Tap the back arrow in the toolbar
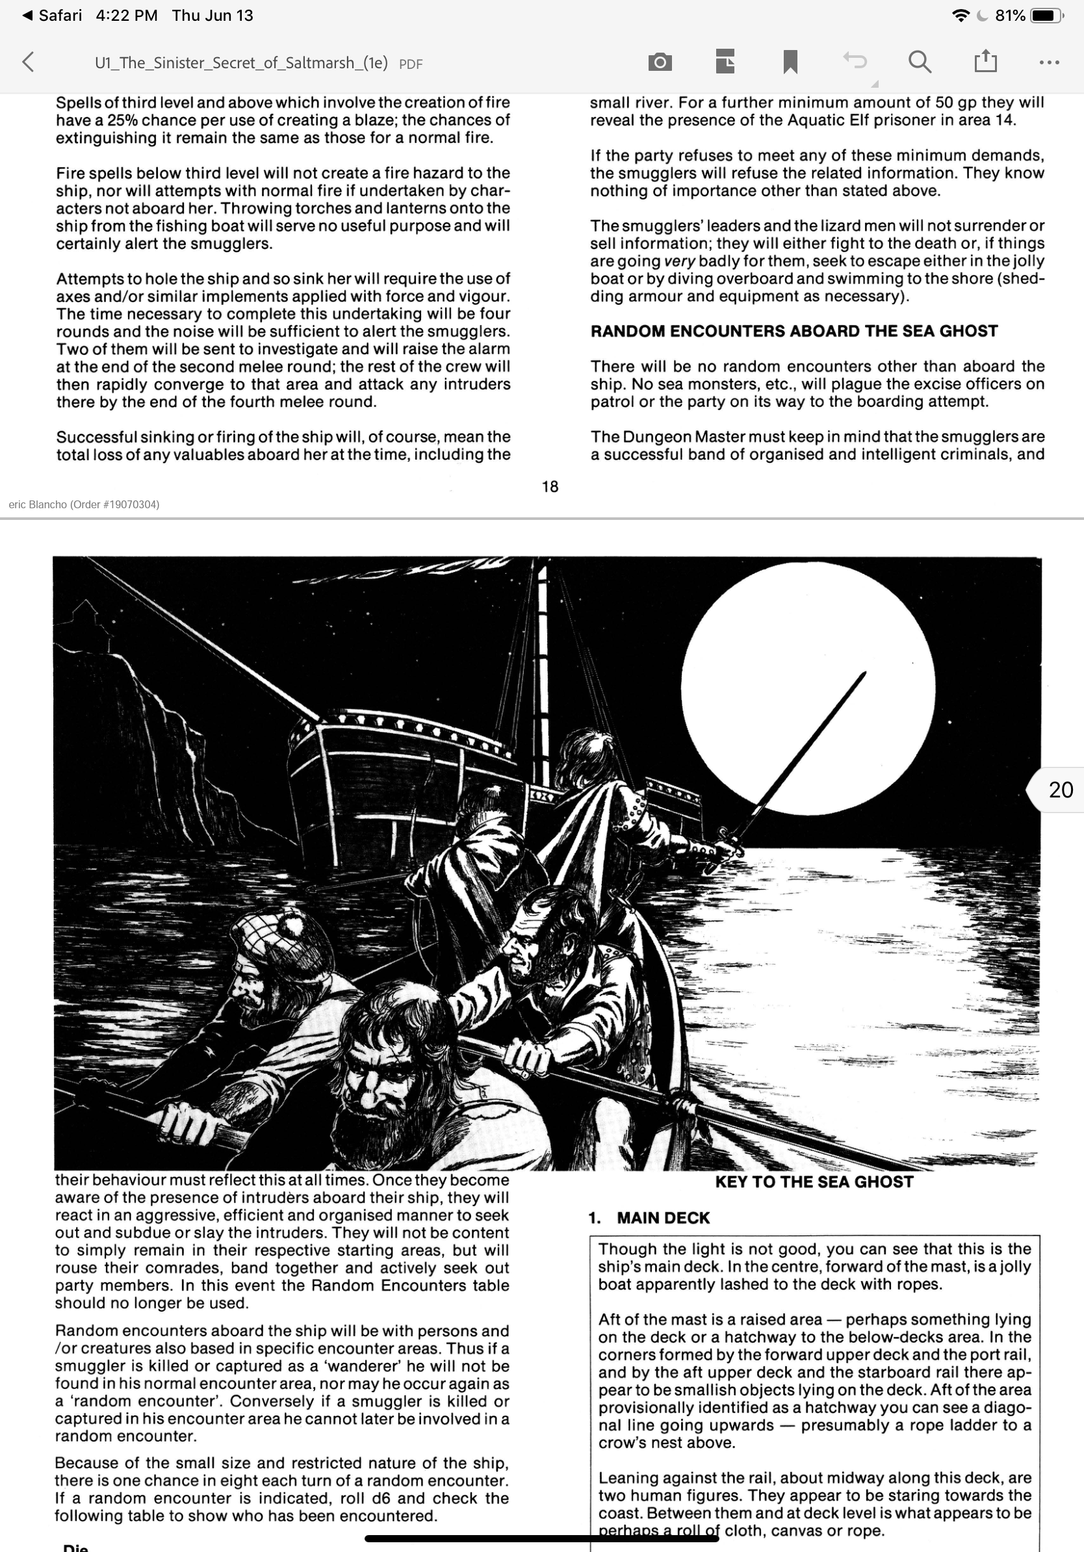[28, 62]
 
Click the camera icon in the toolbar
[660, 62]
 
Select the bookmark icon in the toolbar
[790, 62]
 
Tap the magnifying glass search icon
[919, 62]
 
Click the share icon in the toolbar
[985, 62]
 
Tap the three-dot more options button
[1049, 62]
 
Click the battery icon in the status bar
[1046, 16]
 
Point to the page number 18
[550, 487]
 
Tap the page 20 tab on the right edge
[1059, 790]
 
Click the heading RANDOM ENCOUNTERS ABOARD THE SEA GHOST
[794, 331]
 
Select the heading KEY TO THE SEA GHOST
[814, 1182]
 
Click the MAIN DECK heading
[663, 1218]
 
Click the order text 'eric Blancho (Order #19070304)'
[84, 504]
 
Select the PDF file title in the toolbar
[241, 63]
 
